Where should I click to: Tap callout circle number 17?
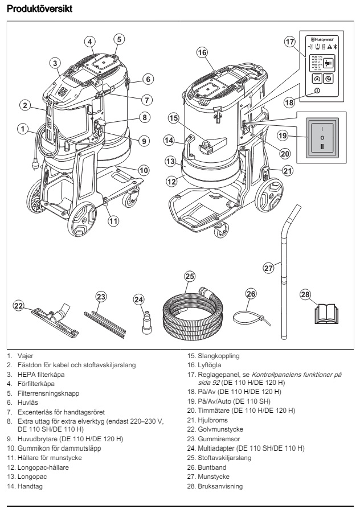(290, 42)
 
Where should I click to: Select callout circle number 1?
(22, 129)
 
